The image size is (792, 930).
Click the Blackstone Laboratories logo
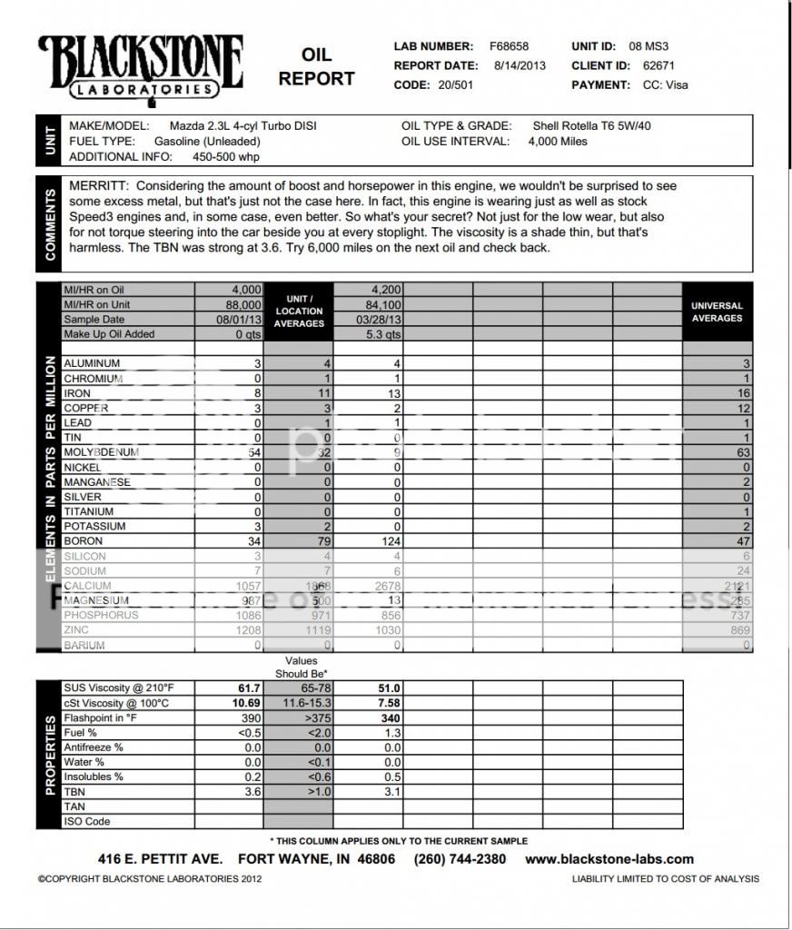(x=140, y=66)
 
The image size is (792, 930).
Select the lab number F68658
(x=509, y=46)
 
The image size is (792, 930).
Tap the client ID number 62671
(x=652, y=65)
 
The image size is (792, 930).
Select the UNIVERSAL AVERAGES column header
(x=717, y=312)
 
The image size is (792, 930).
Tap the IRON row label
(x=77, y=393)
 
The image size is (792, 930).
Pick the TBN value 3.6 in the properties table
(x=252, y=791)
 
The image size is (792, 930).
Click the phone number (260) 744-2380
(x=460, y=859)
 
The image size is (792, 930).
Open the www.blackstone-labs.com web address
(x=609, y=859)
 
